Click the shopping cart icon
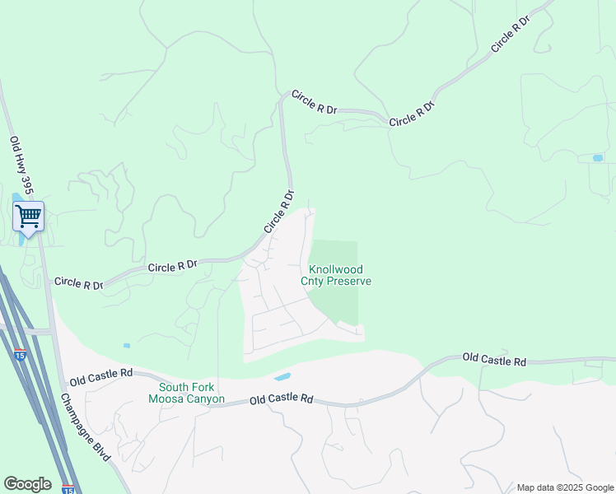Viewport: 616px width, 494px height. [x=29, y=217]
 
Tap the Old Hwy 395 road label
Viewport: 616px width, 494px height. [x=21, y=165]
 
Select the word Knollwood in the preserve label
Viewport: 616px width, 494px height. [x=336, y=269]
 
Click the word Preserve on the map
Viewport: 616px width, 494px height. [x=349, y=282]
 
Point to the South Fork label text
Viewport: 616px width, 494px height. [x=186, y=387]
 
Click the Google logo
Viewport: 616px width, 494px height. [x=27, y=484]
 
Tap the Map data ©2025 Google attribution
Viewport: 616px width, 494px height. [x=564, y=487]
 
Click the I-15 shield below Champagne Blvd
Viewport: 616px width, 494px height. [x=68, y=490]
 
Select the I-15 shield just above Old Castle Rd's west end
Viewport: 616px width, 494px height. [x=20, y=354]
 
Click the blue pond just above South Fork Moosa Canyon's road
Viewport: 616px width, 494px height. [x=282, y=376]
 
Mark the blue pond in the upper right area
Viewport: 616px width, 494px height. [x=597, y=157]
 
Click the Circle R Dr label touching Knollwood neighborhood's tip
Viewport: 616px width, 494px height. [x=278, y=211]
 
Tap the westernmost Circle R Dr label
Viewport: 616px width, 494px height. [x=79, y=282]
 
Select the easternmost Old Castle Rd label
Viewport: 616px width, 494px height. [x=494, y=359]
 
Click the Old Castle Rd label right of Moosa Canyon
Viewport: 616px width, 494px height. [x=282, y=399]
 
